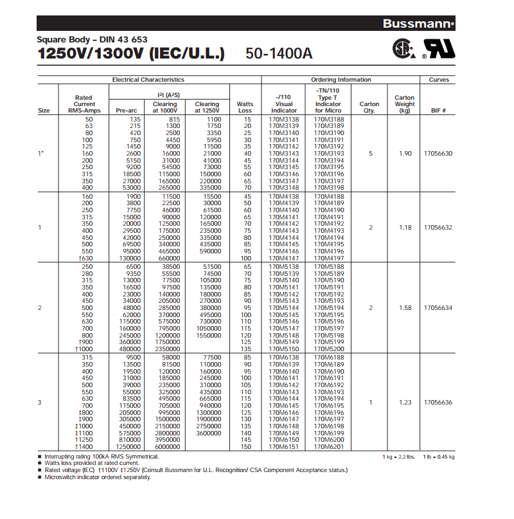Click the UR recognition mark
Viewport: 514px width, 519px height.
[x=438, y=49]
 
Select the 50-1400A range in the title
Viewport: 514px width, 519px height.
[x=279, y=53]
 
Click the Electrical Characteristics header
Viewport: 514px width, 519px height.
[x=148, y=80]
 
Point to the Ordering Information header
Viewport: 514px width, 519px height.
[x=341, y=80]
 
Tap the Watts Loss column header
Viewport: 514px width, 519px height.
[x=245, y=107]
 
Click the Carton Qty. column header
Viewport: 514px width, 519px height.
[x=369, y=107]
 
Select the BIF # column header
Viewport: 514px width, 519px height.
[x=438, y=111]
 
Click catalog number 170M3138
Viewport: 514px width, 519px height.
[x=284, y=120]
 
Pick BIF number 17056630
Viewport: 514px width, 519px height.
[x=438, y=154]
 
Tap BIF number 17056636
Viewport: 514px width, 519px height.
[x=438, y=402]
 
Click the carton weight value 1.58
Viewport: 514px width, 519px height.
[x=405, y=308]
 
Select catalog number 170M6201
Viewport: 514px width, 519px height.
[x=329, y=446]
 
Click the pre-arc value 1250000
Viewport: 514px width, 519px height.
[x=128, y=446]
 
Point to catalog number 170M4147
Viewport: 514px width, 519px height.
[x=284, y=258]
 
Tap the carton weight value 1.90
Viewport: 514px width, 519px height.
[x=405, y=154]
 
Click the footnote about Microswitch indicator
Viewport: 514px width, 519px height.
[x=88, y=477]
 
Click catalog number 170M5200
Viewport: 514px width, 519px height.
[x=329, y=349]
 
